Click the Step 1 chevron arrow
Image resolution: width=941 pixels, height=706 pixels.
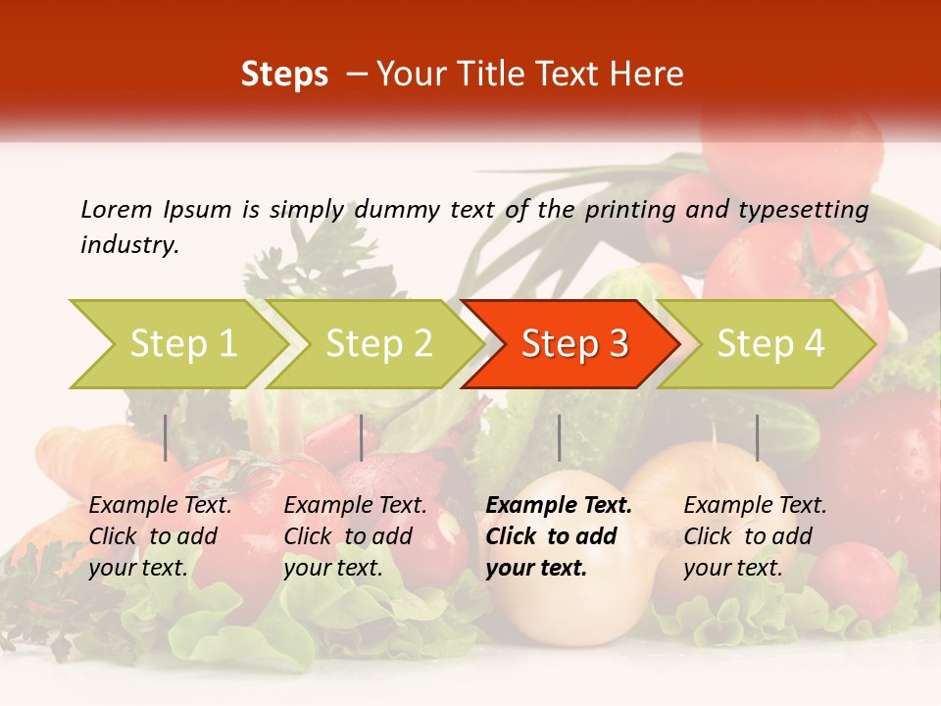tap(181, 343)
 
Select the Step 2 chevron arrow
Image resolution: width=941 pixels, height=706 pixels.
tap(378, 343)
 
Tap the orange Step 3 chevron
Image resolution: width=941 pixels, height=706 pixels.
tap(574, 343)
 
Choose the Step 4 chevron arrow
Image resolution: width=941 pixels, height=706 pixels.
tap(770, 343)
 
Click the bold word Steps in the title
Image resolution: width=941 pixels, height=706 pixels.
tap(284, 75)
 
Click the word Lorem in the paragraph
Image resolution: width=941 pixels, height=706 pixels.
tap(116, 209)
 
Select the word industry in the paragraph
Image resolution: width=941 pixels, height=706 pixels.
tap(128, 244)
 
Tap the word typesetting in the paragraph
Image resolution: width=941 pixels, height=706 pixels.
tap(803, 210)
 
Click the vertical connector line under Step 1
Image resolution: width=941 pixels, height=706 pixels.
tap(166, 437)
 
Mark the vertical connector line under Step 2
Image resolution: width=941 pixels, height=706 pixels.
tap(362, 437)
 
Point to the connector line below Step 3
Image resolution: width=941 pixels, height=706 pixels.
tap(559, 437)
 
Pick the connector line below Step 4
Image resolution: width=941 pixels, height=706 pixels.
tap(757, 437)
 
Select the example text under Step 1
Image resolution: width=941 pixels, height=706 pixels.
tap(160, 535)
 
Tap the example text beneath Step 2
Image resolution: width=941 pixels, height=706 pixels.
tap(355, 535)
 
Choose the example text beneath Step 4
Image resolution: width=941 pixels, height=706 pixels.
tap(755, 535)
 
